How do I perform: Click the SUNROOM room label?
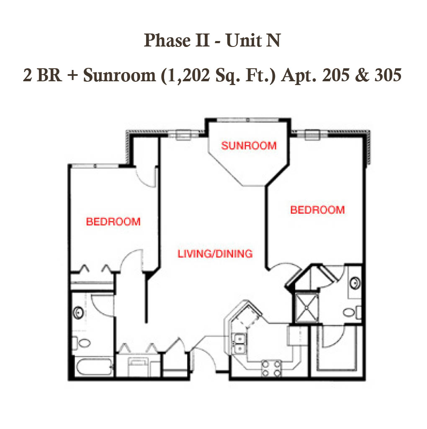[x=249, y=145]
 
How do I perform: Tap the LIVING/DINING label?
[x=215, y=254]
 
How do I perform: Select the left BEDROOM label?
[x=113, y=222]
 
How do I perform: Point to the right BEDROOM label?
[x=317, y=210]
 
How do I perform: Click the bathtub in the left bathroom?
[x=94, y=367]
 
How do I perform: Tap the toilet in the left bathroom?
[x=82, y=343]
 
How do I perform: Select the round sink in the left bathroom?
[x=78, y=313]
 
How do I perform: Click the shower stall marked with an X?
[x=306, y=308]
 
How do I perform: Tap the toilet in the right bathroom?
[x=352, y=312]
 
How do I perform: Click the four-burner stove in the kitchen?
[x=271, y=369]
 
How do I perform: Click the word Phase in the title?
[x=167, y=40]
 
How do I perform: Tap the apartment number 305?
[x=388, y=75]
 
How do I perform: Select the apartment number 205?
[x=336, y=75]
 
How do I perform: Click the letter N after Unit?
[x=274, y=41]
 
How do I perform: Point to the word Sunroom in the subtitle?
[x=119, y=75]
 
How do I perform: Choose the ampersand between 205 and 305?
[x=362, y=75]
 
